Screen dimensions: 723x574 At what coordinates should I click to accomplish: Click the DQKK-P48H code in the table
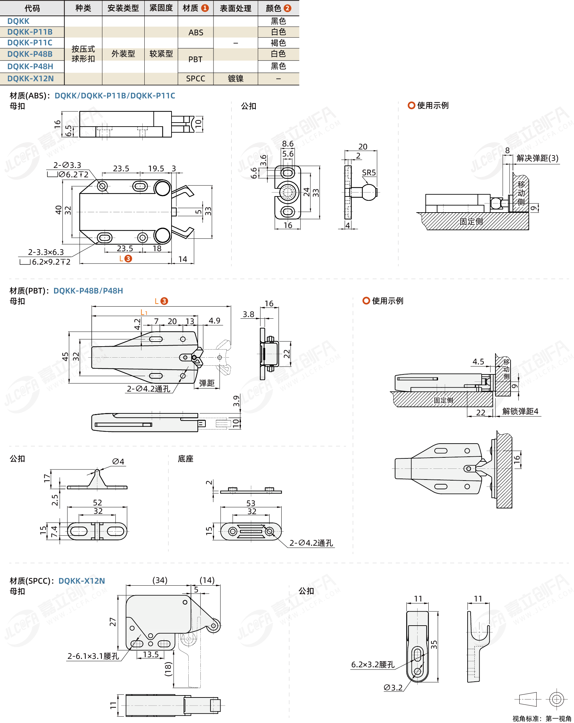(x=30, y=66)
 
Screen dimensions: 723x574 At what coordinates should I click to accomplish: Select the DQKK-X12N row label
(x=31, y=79)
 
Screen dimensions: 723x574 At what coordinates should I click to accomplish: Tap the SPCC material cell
(x=196, y=79)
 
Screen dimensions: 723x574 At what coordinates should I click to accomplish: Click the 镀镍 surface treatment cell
(x=236, y=79)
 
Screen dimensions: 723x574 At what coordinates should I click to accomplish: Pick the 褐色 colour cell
(x=278, y=43)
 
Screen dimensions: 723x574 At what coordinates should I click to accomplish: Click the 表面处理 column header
(x=236, y=8)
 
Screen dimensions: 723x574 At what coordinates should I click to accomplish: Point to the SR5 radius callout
(x=369, y=173)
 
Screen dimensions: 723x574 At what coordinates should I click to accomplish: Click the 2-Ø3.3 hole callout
(x=67, y=165)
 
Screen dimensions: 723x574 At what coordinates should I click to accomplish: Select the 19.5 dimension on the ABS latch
(x=156, y=169)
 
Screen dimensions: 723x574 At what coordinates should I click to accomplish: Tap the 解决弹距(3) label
(x=538, y=158)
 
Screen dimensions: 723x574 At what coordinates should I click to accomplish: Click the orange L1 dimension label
(x=144, y=313)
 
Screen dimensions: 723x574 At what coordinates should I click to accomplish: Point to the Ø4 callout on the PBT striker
(x=118, y=461)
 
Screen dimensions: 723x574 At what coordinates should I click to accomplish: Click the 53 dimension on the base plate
(x=251, y=503)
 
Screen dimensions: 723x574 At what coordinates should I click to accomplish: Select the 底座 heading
(x=186, y=459)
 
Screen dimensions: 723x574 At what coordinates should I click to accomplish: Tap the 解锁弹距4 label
(x=520, y=411)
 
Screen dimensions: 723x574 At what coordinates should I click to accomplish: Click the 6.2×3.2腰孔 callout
(x=373, y=665)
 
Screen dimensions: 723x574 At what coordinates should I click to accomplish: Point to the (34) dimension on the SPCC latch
(x=160, y=580)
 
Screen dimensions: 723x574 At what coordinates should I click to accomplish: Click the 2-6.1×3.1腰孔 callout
(x=93, y=656)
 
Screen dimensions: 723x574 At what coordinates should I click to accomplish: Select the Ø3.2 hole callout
(x=393, y=687)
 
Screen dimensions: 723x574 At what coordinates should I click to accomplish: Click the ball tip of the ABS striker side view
(x=369, y=192)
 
